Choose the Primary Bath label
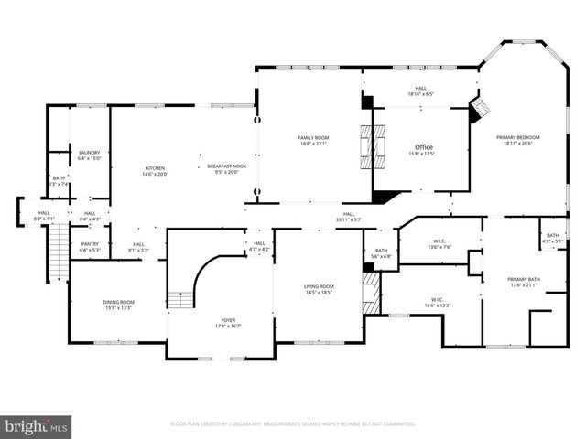[x=525, y=282]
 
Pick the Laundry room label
[x=89, y=155]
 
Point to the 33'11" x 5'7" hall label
[x=349, y=217]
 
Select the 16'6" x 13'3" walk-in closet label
[x=437, y=302]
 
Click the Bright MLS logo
[x=37, y=425]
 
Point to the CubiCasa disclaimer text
[x=293, y=424]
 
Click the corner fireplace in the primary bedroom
[x=479, y=111]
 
